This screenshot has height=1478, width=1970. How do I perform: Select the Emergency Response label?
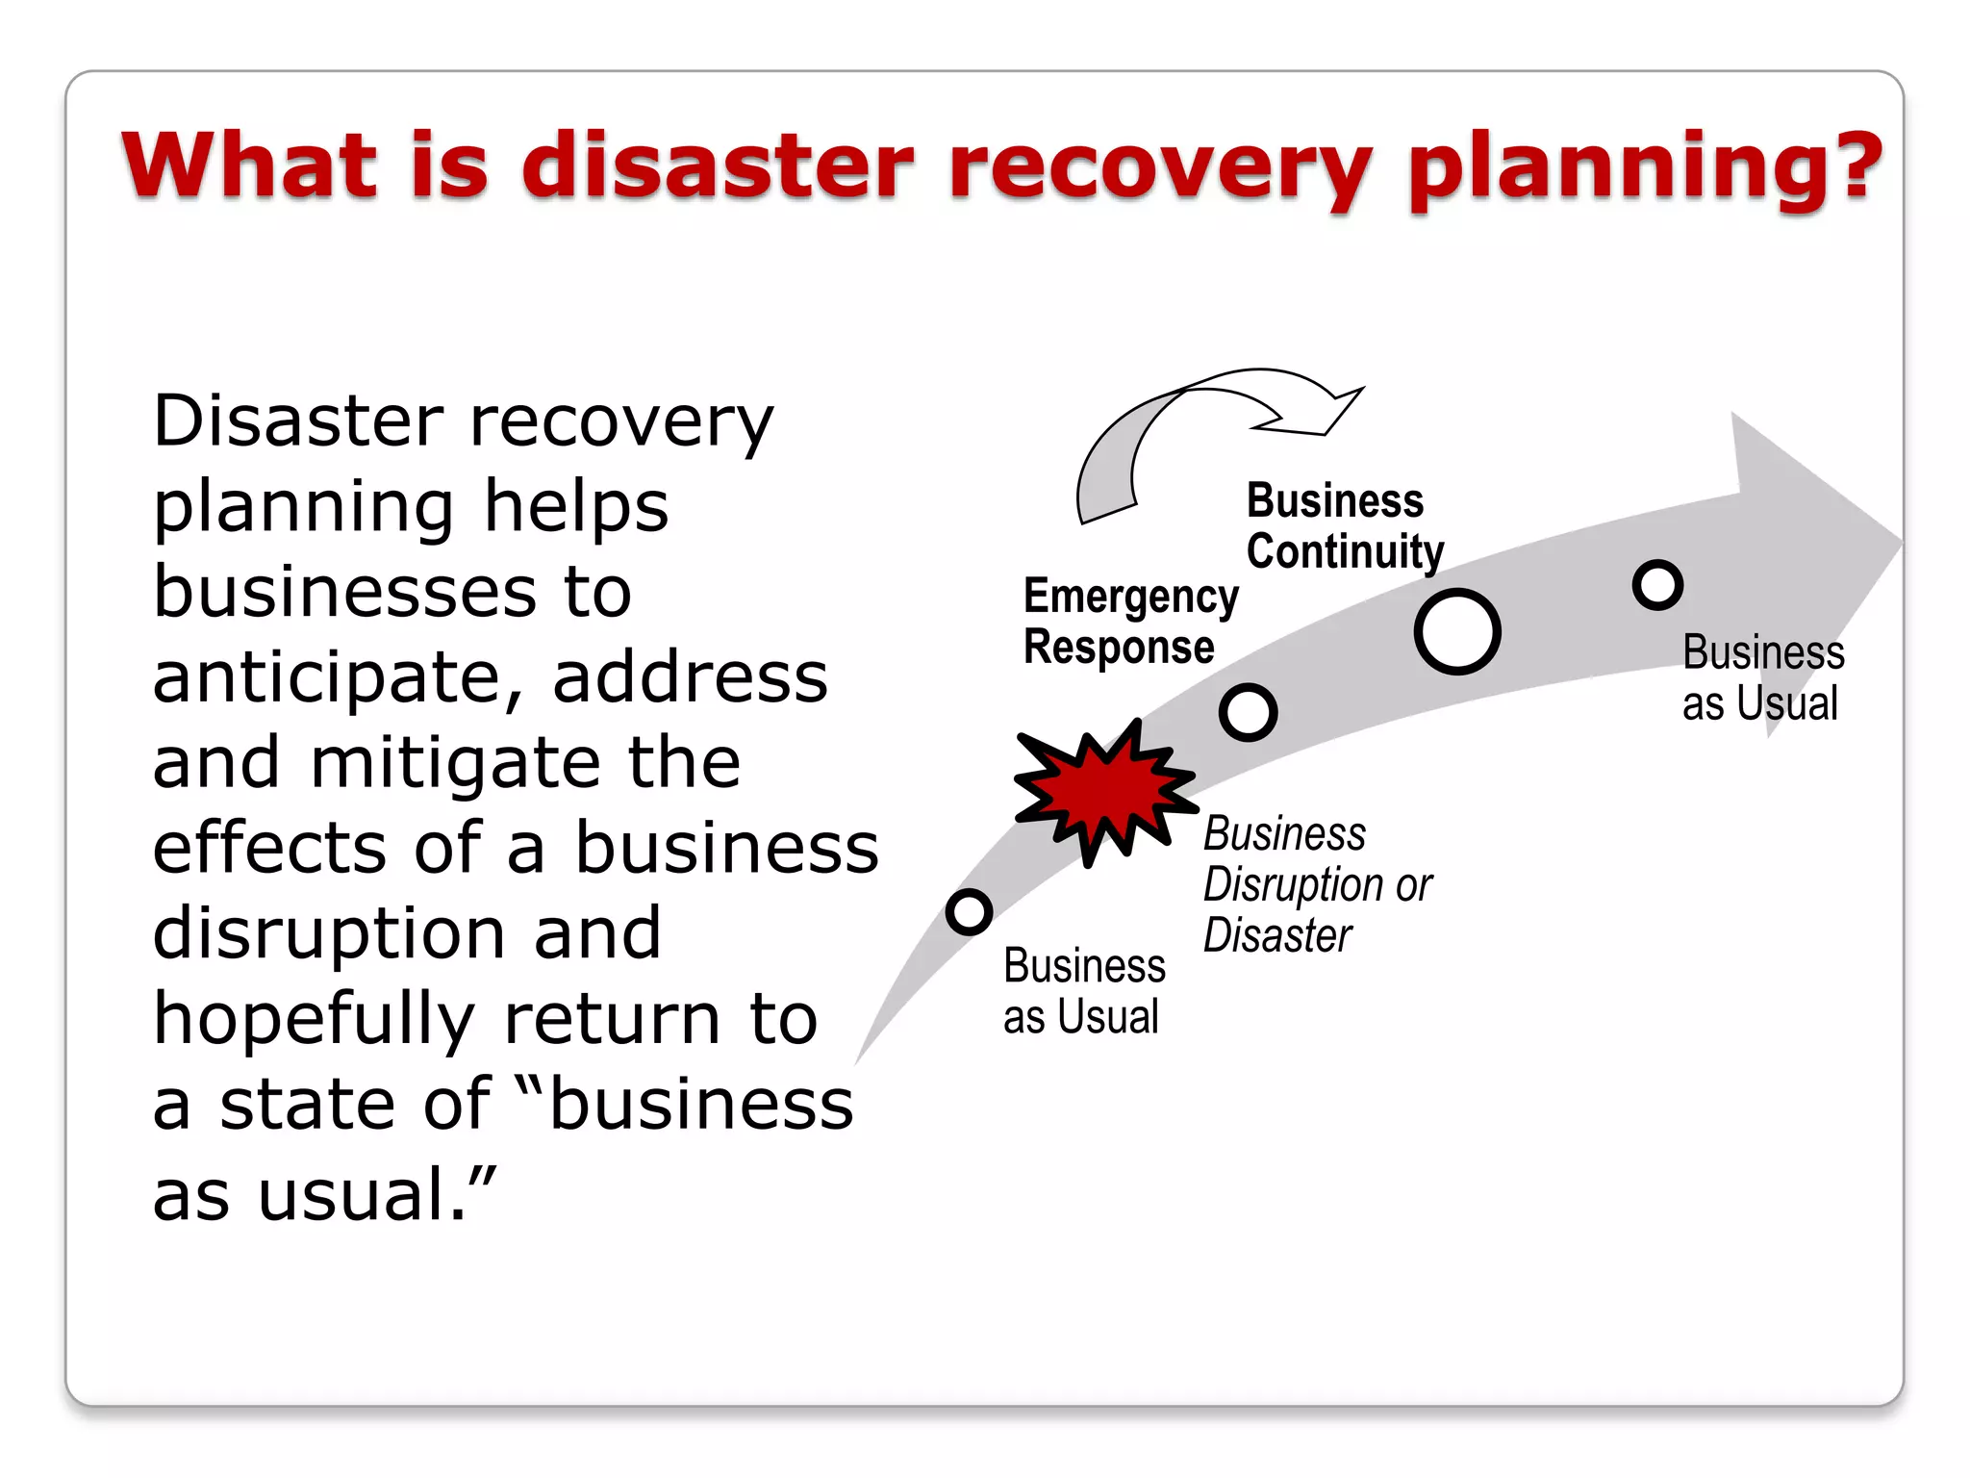(x=1129, y=621)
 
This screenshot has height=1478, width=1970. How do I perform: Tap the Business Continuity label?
(x=1343, y=525)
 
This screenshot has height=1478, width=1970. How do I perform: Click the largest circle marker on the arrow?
(x=1457, y=631)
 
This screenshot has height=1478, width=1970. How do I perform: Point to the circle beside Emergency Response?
(x=1248, y=712)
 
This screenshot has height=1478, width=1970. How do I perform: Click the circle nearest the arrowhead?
(x=1657, y=584)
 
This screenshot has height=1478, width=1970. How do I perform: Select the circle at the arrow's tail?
(x=969, y=910)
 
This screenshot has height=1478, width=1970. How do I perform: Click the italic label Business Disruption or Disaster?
(x=1315, y=884)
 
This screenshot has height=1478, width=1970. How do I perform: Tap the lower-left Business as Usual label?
(x=1083, y=990)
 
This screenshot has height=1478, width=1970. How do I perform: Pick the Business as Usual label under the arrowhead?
(x=1762, y=677)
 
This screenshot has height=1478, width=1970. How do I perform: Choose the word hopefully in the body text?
(x=314, y=1020)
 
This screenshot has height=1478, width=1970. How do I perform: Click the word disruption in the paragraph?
(x=328, y=933)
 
